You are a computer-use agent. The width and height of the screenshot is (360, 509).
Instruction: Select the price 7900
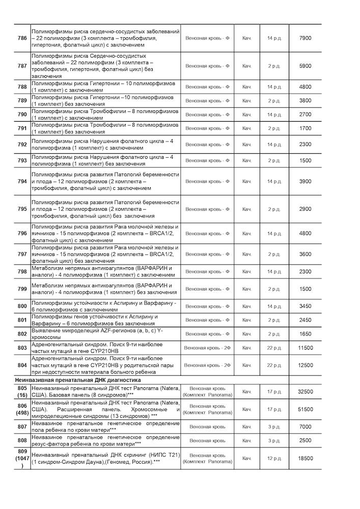coord(305,38)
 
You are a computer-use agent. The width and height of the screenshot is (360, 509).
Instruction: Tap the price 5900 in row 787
coord(305,66)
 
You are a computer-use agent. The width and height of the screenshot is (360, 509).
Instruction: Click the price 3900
coord(305,181)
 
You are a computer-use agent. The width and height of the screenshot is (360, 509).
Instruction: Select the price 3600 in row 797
coord(305,254)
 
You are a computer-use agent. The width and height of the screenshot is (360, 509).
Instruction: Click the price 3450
coord(305,306)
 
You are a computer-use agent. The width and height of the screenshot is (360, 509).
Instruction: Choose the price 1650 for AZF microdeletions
coord(305,334)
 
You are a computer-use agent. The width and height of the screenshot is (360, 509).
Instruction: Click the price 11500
coord(305,348)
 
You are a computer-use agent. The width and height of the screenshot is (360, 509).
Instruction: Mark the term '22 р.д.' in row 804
coord(274,365)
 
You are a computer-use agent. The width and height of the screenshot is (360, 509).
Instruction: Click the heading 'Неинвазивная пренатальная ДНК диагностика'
coord(87,380)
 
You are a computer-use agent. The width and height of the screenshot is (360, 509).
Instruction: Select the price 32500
coord(305,391)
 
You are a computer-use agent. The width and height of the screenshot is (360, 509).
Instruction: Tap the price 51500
coord(305,409)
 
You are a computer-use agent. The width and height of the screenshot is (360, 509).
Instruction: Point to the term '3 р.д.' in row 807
coord(274,427)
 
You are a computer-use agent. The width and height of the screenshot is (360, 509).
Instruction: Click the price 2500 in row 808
coord(305,440)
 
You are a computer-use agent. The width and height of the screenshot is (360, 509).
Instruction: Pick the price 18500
coord(305,458)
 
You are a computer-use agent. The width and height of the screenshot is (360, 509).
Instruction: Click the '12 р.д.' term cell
coord(274,458)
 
